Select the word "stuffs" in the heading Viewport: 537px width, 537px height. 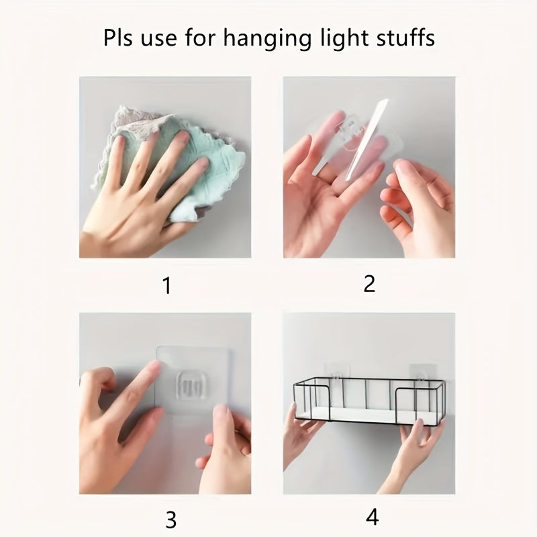[403, 38]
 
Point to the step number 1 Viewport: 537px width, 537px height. [166, 287]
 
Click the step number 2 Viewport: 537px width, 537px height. [369, 283]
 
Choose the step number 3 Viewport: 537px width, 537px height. [170, 519]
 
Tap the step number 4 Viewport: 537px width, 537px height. [373, 517]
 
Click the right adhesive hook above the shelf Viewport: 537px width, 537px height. [422, 374]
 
